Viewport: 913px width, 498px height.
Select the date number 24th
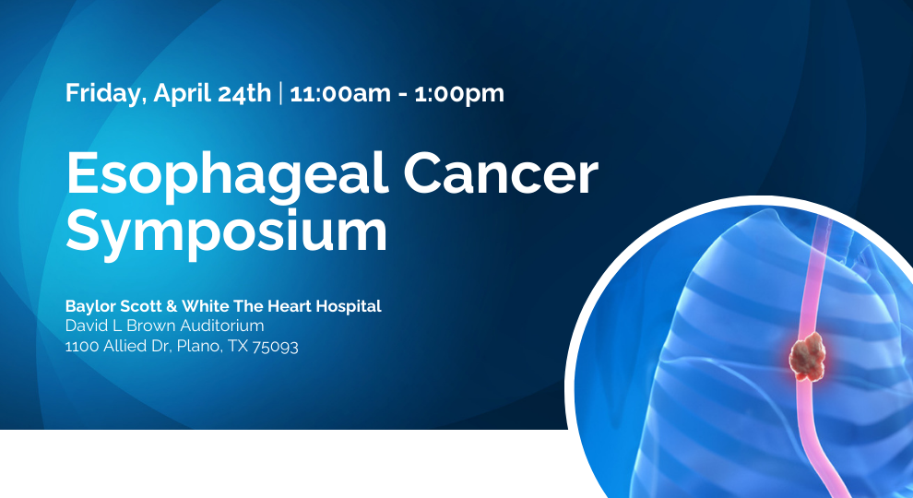click(247, 93)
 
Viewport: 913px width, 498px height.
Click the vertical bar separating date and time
click(280, 93)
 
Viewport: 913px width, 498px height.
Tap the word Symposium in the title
click(226, 231)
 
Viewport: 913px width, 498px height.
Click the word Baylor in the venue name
click(89, 306)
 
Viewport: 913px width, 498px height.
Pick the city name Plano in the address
click(201, 348)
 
